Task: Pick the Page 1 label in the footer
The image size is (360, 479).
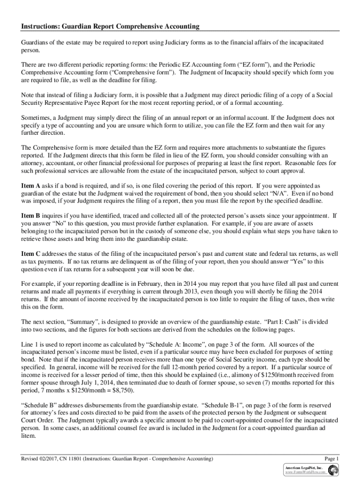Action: click(x=331, y=458)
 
